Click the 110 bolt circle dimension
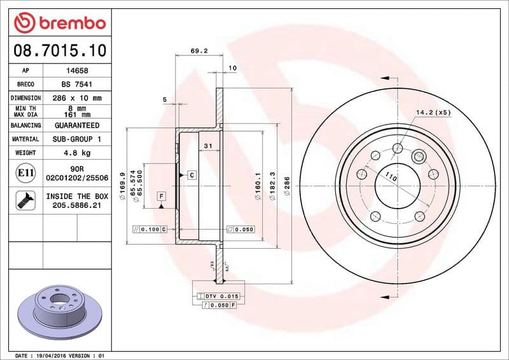coord(391,178)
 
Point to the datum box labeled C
coord(191,174)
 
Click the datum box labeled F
coord(162,196)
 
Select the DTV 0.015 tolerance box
coord(218,296)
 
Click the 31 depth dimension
coord(207,146)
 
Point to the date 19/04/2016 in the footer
coord(49,356)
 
